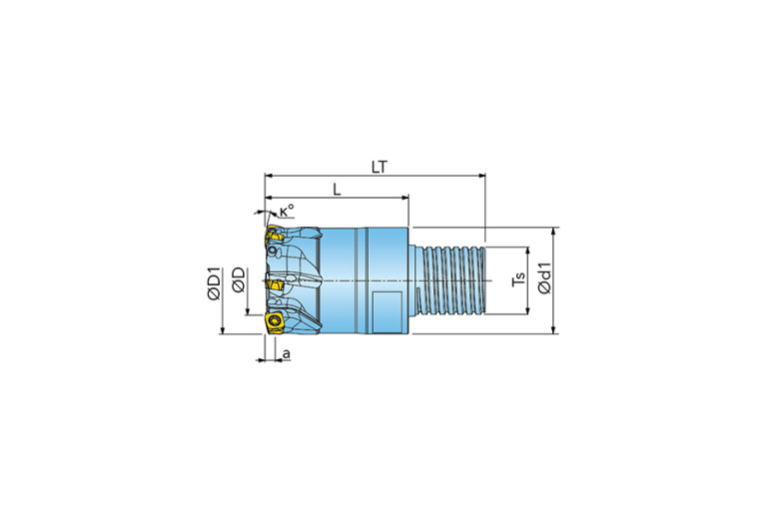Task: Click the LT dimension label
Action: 380,167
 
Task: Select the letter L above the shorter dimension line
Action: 337,189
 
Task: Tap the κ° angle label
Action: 287,211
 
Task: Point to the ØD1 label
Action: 214,283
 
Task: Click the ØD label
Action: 239,279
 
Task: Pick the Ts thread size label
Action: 518,278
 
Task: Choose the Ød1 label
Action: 544,277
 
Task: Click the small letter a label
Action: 287,353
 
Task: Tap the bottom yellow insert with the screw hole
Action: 274,323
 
